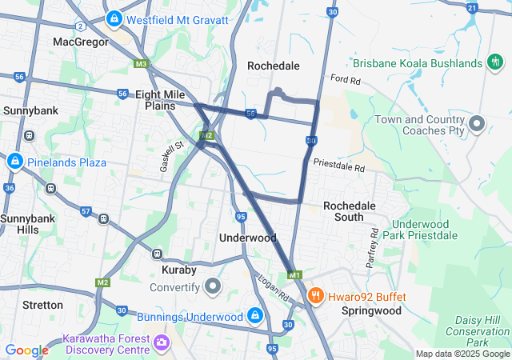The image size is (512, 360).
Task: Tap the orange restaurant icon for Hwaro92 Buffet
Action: pyautogui.click(x=315, y=297)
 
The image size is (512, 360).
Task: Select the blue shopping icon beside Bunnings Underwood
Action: pyautogui.click(x=254, y=316)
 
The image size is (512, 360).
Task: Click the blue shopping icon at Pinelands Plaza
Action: pyautogui.click(x=14, y=162)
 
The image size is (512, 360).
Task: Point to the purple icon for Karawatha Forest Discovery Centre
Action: pyautogui.click(x=162, y=342)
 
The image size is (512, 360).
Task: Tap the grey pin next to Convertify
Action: pyautogui.click(x=213, y=286)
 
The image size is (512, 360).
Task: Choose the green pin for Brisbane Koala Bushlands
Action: pyautogui.click(x=495, y=62)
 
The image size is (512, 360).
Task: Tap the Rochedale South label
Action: pyautogui.click(x=349, y=211)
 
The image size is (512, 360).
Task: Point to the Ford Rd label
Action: pyautogui.click(x=345, y=80)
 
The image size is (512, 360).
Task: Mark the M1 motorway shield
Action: pyautogui.click(x=294, y=275)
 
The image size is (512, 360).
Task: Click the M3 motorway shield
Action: pyautogui.click(x=142, y=64)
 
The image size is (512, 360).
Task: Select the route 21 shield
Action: pyautogui.click(x=472, y=8)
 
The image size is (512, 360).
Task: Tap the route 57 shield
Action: pyautogui.click(x=85, y=211)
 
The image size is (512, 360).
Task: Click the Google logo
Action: pyautogui.click(x=26, y=350)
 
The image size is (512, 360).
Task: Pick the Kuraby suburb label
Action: pyautogui.click(x=168, y=270)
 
